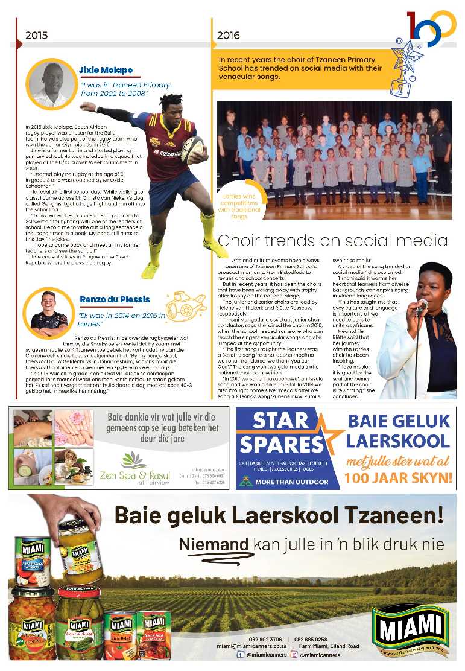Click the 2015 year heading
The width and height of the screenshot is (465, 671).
36,35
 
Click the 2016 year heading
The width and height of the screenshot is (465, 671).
228,35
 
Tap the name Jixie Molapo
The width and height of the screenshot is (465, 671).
106,70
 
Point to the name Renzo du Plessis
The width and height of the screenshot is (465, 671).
115,299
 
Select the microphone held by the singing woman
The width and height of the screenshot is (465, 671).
422,306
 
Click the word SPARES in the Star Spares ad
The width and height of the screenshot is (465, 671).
281,445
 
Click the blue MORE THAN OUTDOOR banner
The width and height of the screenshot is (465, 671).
283,482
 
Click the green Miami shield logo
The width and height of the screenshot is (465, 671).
411,630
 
